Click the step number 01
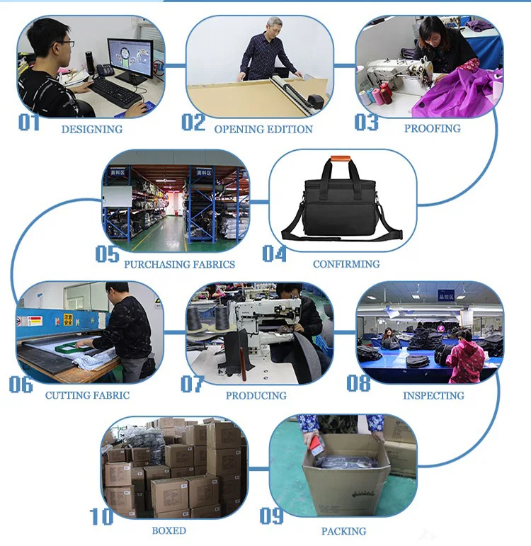coord(29,123)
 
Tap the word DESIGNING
coord(91,130)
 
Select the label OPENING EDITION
coord(263,130)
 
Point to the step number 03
coord(367,123)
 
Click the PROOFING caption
coord(432,129)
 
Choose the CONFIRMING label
coord(346,264)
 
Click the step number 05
coord(107,254)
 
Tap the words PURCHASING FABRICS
coord(179,264)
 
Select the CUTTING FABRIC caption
coord(87,395)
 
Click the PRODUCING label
coord(256,395)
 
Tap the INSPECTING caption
coord(433,395)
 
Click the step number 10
coord(101,517)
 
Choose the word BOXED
coord(169,530)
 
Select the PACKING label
coord(343,530)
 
